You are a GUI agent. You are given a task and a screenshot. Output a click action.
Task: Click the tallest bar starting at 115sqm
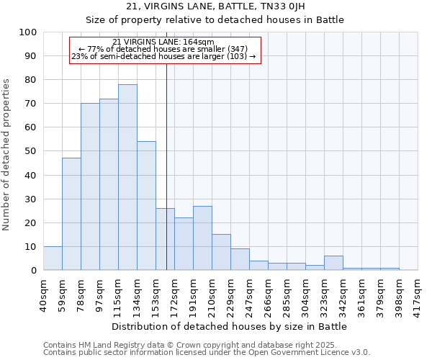pyautogui.click(x=127, y=177)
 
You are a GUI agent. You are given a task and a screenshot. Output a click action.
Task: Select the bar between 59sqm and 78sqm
pyautogui.click(x=71, y=214)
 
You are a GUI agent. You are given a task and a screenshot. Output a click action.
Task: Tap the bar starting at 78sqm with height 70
pyautogui.click(x=90, y=186)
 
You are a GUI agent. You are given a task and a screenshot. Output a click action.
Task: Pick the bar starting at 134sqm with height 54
pyautogui.click(x=146, y=206)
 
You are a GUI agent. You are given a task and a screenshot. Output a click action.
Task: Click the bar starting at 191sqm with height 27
pyautogui.click(x=202, y=238)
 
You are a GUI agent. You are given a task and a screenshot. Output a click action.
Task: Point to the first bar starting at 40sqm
pyautogui.click(x=53, y=258)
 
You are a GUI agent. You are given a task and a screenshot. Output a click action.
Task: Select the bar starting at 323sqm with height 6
pyautogui.click(x=333, y=264)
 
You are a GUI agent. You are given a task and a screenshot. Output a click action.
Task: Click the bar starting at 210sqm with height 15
pyautogui.click(x=221, y=253)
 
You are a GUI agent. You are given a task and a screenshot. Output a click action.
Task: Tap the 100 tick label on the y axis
pyautogui.click(x=27, y=32)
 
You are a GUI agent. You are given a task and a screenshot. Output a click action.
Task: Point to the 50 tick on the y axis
pyautogui.click(x=30, y=151)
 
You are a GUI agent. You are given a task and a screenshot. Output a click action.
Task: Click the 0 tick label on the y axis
pyautogui.click(x=33, y=271)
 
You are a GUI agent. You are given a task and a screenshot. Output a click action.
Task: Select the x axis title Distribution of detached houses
pyautogui.click(x=230, y=326)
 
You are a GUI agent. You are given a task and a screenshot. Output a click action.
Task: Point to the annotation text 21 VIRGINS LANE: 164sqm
pyautogui.click(x=164, y=42)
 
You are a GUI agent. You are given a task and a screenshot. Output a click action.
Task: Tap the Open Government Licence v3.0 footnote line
pyautogui.click(x=207, y=353)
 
